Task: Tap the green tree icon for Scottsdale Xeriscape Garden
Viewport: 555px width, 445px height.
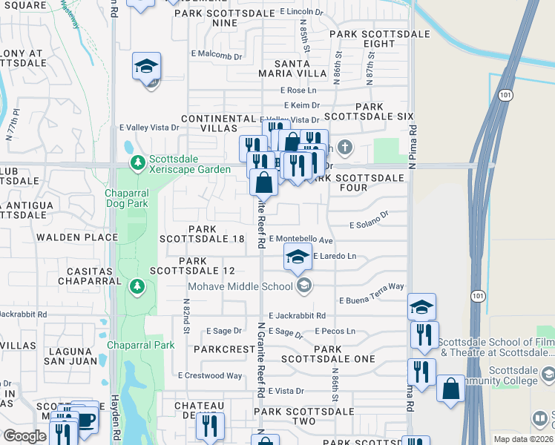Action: (137, 162)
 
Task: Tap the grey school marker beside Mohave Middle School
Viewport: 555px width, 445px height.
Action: (303, 285)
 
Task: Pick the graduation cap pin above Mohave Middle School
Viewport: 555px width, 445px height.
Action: (298, 257)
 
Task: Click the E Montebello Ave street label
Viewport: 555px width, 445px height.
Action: (301, 240)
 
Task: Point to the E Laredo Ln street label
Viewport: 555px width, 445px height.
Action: (335, 256)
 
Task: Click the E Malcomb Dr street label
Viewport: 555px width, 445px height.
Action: (217, 55)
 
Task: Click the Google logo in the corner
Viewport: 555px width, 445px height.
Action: (24, 436)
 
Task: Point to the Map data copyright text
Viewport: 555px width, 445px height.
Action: (523, 439)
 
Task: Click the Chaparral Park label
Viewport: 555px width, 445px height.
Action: (140, 345)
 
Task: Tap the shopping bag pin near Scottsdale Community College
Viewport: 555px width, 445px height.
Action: (451, 389)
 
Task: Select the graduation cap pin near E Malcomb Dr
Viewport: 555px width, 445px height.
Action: (147, 67)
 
